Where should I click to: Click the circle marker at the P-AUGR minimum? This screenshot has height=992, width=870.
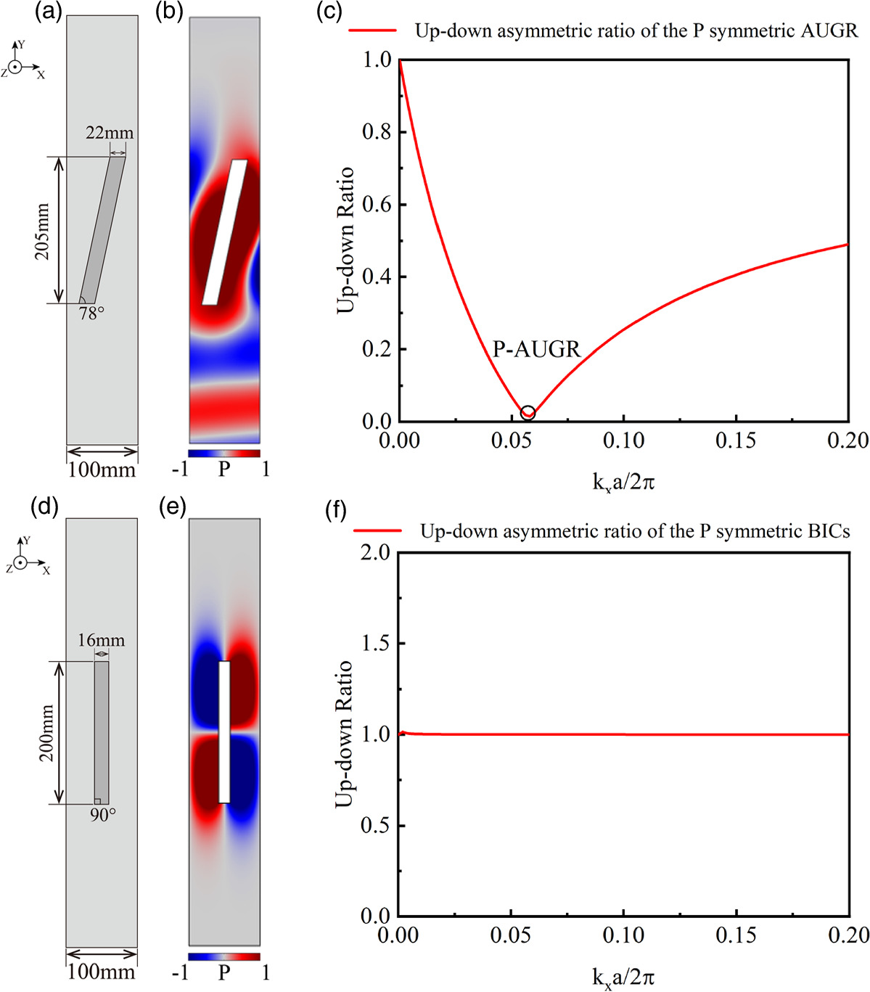(528, 412)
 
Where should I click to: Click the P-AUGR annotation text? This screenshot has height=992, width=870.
(537, 349)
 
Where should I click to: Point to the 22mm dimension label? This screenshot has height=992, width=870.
(110, 133)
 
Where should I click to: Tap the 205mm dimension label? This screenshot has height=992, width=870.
(43, 231)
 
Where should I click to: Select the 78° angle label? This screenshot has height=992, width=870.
(91, 313)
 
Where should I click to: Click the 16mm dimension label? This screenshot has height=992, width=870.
(101, 640)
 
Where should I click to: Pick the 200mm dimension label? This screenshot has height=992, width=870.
(46, 733)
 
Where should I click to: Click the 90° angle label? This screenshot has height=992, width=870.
(102, 815)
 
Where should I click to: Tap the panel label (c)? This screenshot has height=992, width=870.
(329, 12)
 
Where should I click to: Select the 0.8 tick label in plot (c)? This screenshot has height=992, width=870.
(376, 131)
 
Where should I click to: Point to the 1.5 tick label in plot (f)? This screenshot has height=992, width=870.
(376, 643)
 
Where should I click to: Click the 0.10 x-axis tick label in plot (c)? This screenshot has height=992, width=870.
(623, 440)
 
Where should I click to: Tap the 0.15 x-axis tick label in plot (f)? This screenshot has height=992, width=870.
(736, 935)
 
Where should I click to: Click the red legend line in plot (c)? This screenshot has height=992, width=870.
(372, 30)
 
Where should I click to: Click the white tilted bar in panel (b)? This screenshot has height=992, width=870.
(224, 232)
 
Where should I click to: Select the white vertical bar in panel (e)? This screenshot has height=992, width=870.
(224, 731)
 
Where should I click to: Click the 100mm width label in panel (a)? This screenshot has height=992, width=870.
(102, 470)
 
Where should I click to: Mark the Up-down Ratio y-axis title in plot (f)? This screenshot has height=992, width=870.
(345, 734)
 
